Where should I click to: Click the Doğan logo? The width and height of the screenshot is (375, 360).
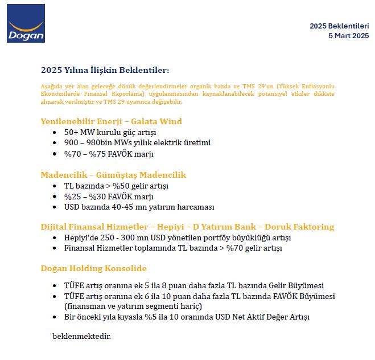pyautogui.click(x=26, y=23)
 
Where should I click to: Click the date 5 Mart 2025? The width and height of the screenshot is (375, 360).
pyautogui.click(x=348, y=36)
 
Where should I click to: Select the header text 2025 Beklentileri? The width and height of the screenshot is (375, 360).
pyautogui.click(x=339, y=26)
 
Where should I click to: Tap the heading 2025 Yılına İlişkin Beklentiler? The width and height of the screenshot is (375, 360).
pyautogui.click(x=105, y=70)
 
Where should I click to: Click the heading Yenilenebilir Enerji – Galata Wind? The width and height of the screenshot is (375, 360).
pyautogui.click(x=111, y=121)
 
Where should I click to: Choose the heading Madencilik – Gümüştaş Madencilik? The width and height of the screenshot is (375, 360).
pyautogui.click(x=113, y=175)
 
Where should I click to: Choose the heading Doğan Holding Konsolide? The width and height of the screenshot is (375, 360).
pyautogui.click(x=93, y=268)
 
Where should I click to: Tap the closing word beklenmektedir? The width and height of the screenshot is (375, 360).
pyautogui.click(x=81, y=336)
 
